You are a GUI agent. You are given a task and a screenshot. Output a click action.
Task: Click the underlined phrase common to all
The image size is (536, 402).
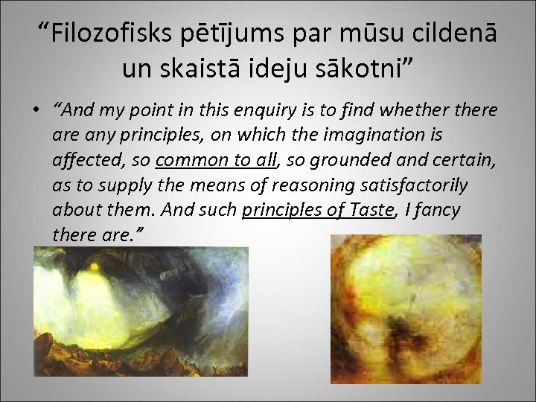[217, 161]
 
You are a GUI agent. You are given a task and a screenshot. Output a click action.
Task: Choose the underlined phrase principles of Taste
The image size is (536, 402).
[318, 210]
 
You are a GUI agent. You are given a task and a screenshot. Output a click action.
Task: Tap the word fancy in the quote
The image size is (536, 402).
[439, 210]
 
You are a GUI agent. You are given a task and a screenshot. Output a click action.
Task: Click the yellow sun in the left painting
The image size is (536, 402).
[95, 266]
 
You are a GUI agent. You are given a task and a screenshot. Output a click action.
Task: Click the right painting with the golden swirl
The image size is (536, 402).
[406, 309]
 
